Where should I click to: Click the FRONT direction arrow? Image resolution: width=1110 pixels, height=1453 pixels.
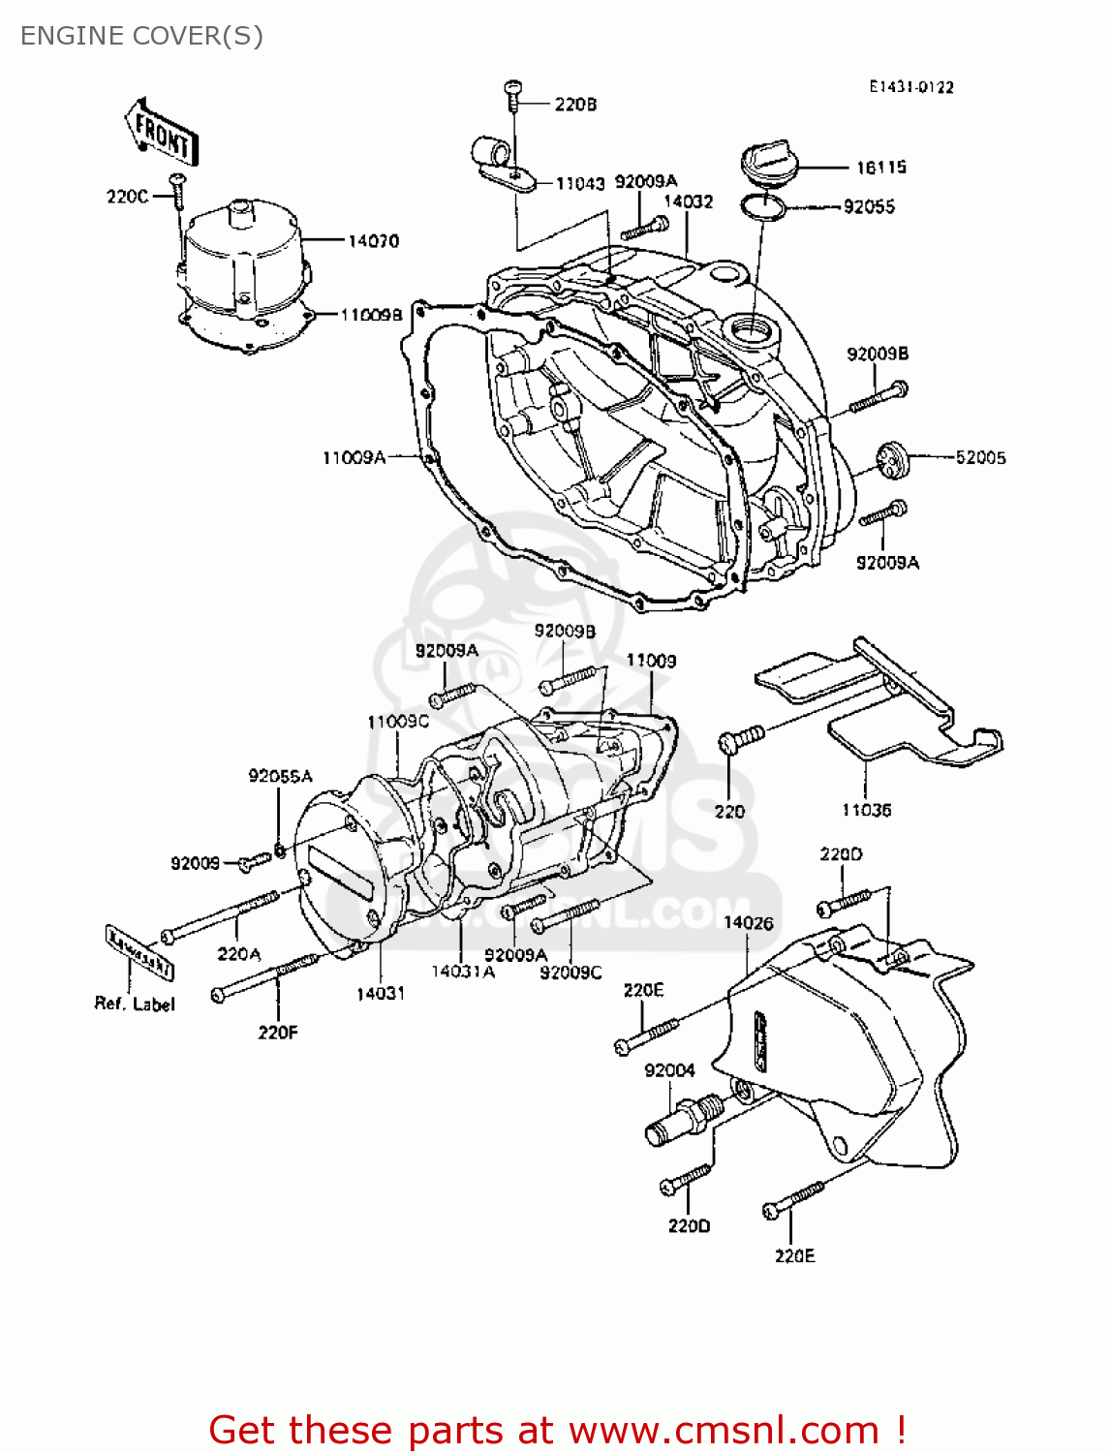(161, 134)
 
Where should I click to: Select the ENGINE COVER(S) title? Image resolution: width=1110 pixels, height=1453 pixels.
(141, 36)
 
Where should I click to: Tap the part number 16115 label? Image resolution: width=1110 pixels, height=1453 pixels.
(880, 168)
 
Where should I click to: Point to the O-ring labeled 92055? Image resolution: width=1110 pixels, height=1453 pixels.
(763, 206)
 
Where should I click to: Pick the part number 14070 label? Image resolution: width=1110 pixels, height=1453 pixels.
(373, 240)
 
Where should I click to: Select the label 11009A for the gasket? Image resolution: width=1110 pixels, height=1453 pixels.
(354, 457)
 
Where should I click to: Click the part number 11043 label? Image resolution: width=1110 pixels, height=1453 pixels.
(579, 183)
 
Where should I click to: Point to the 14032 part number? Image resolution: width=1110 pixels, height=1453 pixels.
(688, 201)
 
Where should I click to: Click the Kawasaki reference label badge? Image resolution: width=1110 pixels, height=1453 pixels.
(139, 952)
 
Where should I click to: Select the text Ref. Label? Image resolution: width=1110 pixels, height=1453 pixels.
(135, 1004)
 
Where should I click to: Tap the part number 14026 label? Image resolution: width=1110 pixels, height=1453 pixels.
(748, 922)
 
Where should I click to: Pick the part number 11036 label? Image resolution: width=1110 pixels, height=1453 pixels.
(865, 810)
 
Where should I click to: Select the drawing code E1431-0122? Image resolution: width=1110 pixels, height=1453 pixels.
(910, 87)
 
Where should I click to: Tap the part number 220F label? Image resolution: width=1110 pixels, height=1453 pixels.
(278, 1033)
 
